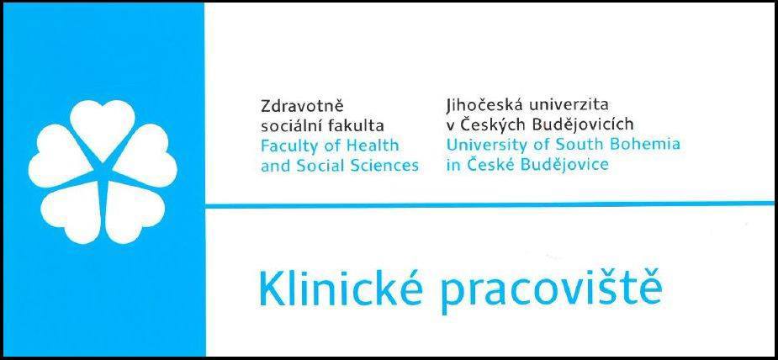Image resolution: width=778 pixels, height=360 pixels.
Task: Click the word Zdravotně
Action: (x=302, y=106)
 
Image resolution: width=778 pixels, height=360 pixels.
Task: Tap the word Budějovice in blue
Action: (x=561, y=165)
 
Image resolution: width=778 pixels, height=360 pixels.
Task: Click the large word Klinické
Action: (x=341, y=289)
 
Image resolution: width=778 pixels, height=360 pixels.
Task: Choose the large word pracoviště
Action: (x=550, y=292)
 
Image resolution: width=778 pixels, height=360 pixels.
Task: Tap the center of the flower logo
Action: (x=103, y=172)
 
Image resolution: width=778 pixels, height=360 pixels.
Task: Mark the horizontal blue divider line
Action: (x=490, y=204)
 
